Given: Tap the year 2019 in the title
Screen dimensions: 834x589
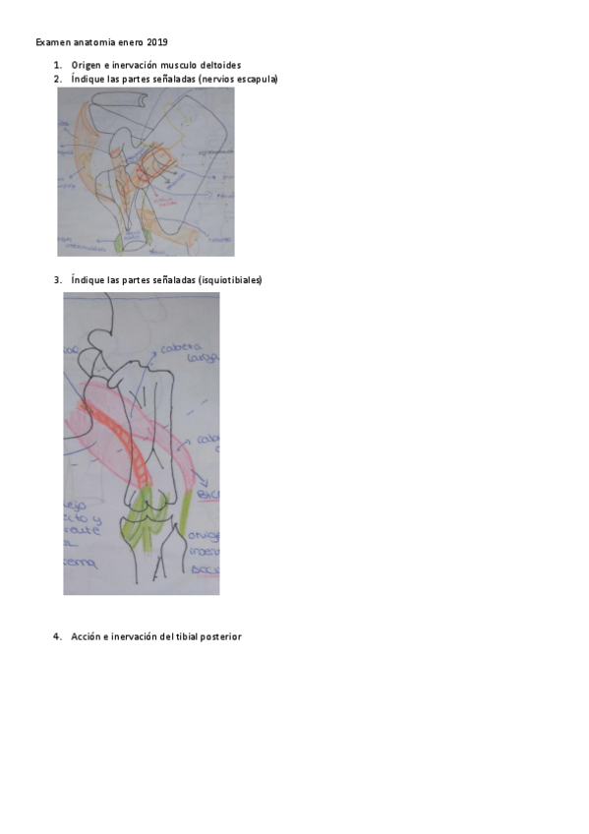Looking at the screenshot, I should pyautogui.click(x=157, y=42).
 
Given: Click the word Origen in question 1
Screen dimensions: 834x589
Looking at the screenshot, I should pyautogui.click(x=86, y=65).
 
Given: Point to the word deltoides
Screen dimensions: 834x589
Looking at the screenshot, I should pyautogui.click(x=219, y=65).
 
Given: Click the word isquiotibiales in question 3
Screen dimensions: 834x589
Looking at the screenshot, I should pyautogui.click(x=231, y=280).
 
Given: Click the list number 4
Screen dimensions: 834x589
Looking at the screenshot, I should pyautogui.click(x=57, y=636).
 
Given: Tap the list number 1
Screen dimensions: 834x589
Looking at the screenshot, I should pyautogui.click(x=57, y=65).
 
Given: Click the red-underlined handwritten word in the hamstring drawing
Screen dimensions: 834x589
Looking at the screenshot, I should pyautogui.click(x=207, y=493).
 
